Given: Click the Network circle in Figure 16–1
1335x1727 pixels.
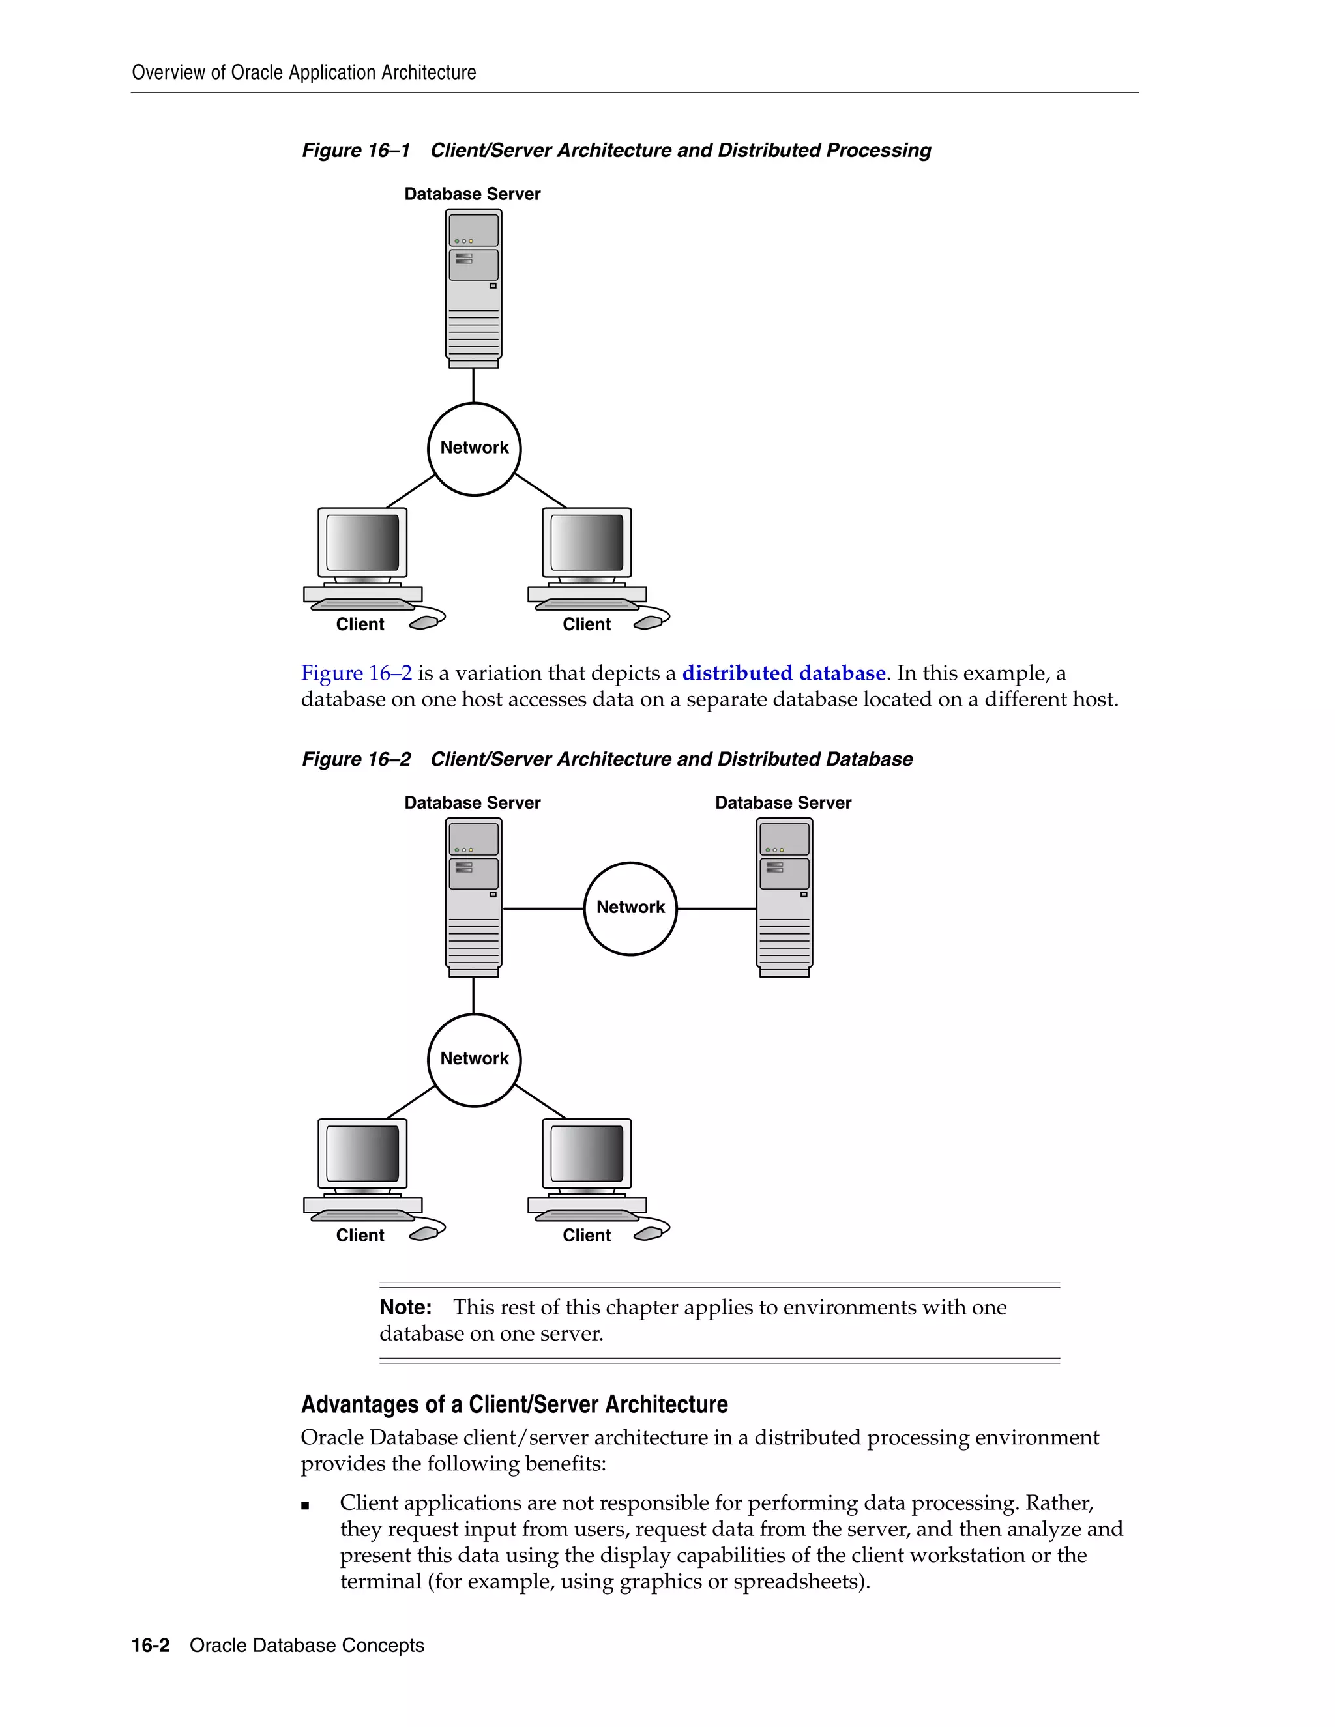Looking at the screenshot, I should click(x=474, y=449).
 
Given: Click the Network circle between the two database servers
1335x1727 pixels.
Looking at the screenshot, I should click(x=630, y=908).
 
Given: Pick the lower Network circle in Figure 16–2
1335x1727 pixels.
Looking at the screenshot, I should click(x=474, y=1060).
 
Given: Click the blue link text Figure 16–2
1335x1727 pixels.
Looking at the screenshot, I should click(x=356, y=673).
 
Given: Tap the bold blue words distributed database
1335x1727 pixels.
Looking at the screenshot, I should click(x=783, y=673).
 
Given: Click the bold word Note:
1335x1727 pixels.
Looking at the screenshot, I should click(x=405, y=1307).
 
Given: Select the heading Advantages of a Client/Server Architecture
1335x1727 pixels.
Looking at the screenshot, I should click(x=514, y=1404).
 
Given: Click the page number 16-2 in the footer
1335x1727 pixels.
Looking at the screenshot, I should click(x=151, y=1646).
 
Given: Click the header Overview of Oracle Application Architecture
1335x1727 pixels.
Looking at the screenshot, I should click(x=304, y=73).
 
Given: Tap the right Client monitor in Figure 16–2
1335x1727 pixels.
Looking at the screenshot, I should click(x=587, y=1154).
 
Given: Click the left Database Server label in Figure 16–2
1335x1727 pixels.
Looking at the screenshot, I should click(x=472, y=803).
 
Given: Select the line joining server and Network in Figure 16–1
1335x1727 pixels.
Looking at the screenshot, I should click(x=473, y=386).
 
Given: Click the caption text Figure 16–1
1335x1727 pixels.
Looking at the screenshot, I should click(x=356, y=151).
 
